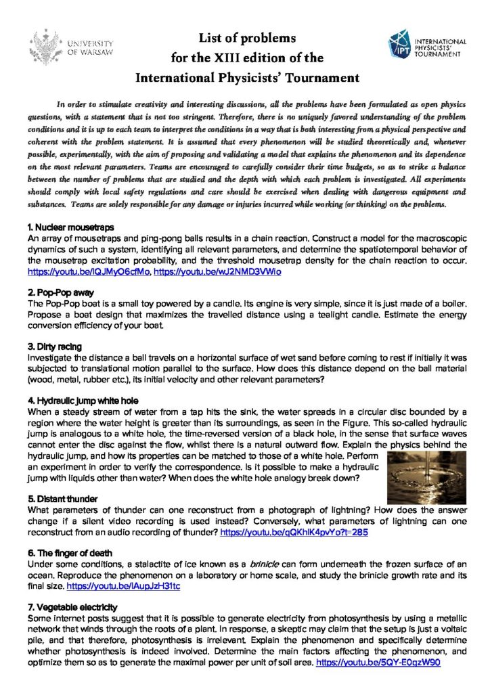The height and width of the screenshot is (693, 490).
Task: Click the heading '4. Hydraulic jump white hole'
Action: click(x=81, y=400)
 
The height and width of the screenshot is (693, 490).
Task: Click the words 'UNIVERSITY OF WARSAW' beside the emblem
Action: click(x=89, y=48)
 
